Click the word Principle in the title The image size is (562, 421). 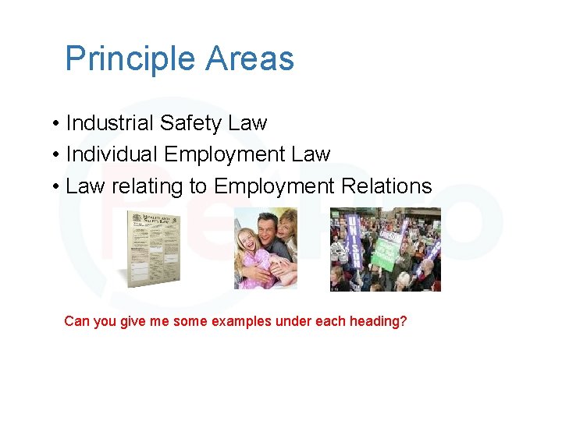[x=130, y=59]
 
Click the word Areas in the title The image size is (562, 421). [x=251, y=59]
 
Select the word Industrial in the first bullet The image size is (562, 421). [x=110, y=123]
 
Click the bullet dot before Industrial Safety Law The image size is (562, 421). [x=58, y=124]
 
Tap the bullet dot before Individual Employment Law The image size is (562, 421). [x=58, y=155]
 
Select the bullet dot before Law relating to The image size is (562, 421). [x=58, y=187]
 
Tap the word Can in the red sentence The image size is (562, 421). [x=76, y=321]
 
